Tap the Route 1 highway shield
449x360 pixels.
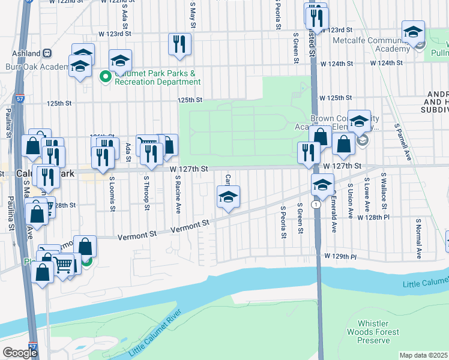315,205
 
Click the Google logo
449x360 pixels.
20,353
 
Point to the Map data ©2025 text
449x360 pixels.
424,355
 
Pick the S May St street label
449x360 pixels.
193,17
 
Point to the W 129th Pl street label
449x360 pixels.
340,256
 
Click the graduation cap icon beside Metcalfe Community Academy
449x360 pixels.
413,34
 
